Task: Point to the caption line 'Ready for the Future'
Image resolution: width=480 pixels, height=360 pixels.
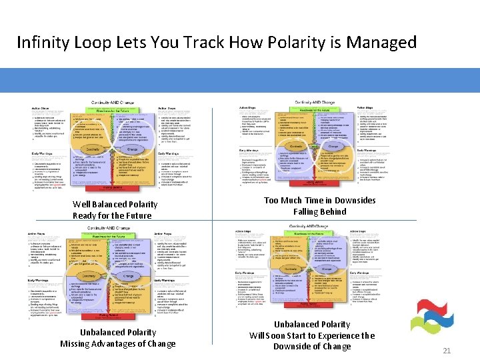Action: tap(112, 215)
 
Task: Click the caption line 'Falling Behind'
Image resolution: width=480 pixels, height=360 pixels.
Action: tap(310, 212)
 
